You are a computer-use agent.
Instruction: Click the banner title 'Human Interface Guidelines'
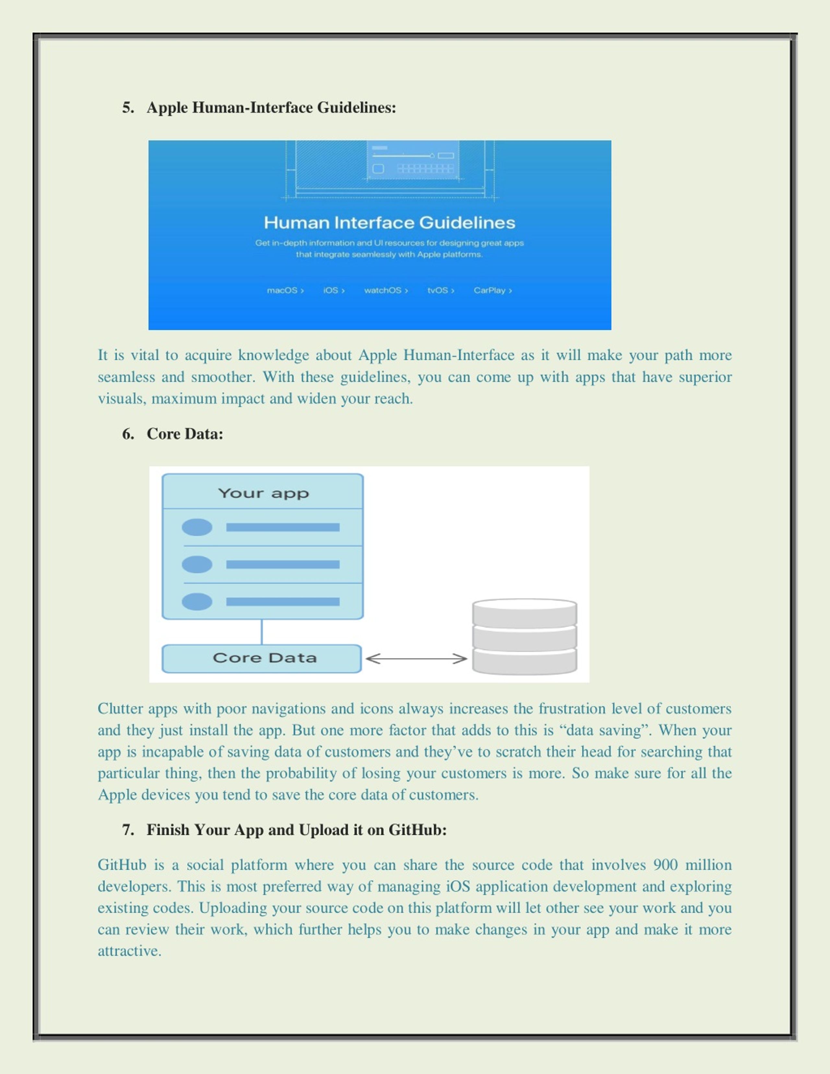pos(389,223)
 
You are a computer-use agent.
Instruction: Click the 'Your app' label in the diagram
pos(264,493)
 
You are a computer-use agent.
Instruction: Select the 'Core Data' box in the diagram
pos(262,658)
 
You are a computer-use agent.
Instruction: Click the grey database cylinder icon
pos(525,636)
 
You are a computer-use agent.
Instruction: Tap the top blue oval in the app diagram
pos(197,527)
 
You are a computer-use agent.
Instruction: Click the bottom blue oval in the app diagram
pos(197,601)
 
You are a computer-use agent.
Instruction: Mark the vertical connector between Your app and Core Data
pos(262,632)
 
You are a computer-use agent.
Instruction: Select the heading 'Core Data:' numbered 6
pos(185,434)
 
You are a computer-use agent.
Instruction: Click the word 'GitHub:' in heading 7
pos(418,830)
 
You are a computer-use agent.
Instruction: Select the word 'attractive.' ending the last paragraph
pos(130,951)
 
